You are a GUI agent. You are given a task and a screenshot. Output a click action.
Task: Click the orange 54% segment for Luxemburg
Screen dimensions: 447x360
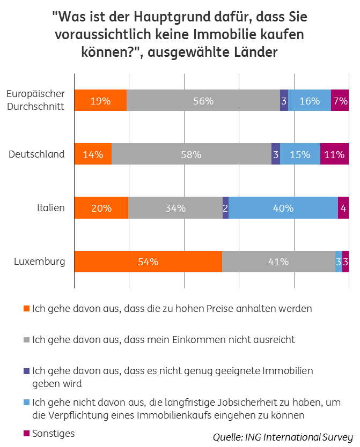pos(148,262)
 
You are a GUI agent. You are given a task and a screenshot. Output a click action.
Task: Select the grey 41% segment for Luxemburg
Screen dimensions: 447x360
pos(278,262)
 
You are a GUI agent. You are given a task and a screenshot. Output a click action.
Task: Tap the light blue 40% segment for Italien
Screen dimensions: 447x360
pos(283,208)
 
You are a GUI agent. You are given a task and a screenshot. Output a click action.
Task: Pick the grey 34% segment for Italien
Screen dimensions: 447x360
pos(175,208)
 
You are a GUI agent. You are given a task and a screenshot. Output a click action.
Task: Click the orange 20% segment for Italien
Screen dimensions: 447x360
pos(101,208)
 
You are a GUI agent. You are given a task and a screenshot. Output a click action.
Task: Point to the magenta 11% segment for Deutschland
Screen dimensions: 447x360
pos(334,154)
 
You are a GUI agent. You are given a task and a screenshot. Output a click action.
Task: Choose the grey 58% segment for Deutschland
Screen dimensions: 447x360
pos(191,154)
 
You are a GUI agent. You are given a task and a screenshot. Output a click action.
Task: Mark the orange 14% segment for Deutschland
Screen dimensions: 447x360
pos(93,154)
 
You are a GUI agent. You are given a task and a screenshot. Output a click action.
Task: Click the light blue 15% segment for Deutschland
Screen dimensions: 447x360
pos(300,154)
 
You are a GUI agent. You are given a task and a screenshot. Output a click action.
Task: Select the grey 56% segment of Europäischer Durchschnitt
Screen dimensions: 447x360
pos(203,101)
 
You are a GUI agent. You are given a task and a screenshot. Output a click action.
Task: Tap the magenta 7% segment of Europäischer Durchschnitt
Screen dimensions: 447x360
pos(340,101)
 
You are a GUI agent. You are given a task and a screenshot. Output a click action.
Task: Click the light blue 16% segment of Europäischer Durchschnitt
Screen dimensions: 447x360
pos(310,101)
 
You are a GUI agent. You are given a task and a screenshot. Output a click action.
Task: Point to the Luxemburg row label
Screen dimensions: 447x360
pos(40,262)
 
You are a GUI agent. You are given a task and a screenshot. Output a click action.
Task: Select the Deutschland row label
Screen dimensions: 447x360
pos(37,154)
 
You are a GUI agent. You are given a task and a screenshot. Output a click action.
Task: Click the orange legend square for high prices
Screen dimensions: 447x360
pos(27,309)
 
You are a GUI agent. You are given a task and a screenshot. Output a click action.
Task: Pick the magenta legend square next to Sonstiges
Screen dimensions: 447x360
pos(27,433)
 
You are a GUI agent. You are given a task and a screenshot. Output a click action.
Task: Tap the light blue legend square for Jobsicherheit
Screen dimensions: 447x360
pos(27,403)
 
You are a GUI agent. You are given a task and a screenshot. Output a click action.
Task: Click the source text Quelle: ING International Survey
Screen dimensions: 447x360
pos(283,436)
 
